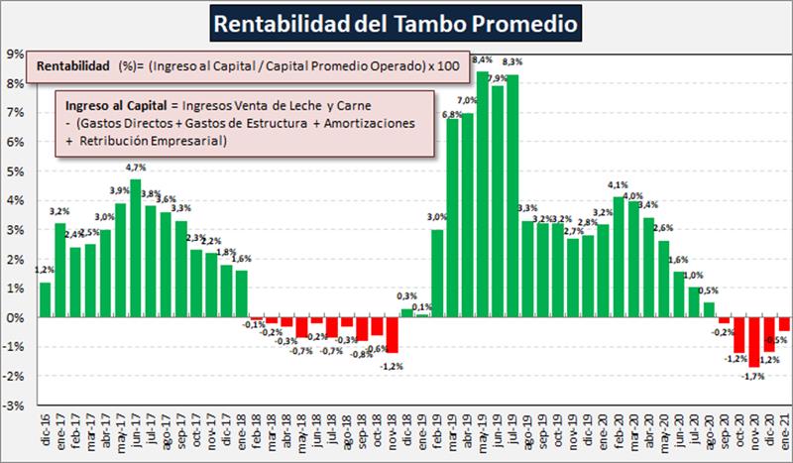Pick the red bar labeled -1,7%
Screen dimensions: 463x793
pos(754,342)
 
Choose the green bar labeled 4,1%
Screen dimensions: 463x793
pos(619,257)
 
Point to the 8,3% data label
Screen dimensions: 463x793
pos(512,61)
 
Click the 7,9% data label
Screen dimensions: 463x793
pos(498,77)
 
